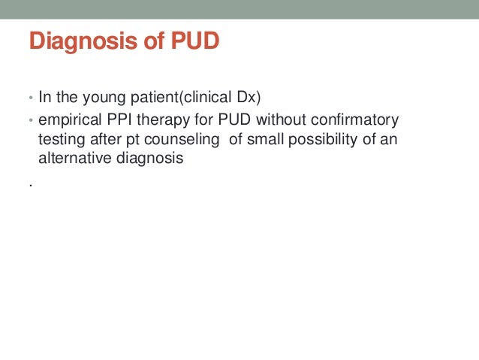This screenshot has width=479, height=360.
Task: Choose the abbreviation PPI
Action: [x=122, y=120]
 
